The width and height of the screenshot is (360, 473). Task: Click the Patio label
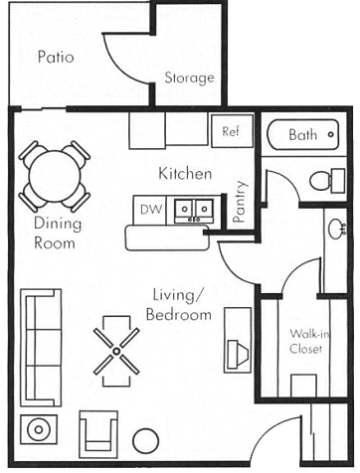coord(56,57)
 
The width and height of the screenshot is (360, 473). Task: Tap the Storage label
coord(189,78)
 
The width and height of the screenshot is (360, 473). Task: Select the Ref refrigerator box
coord(231,131)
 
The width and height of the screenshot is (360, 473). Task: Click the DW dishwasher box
coord(150,209)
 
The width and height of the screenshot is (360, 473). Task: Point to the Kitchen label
coord(185,174)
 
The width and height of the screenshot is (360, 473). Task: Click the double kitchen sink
coord(194,209)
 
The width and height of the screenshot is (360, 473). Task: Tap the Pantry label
coord(240,200)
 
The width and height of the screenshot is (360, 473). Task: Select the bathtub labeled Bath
coord(303,134)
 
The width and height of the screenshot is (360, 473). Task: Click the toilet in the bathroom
coord(322,181)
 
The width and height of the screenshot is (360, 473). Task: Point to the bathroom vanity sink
coord(337,229)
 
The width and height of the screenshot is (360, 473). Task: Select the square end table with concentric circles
coord(39,429)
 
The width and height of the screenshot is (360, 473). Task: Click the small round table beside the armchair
coord(146,440)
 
